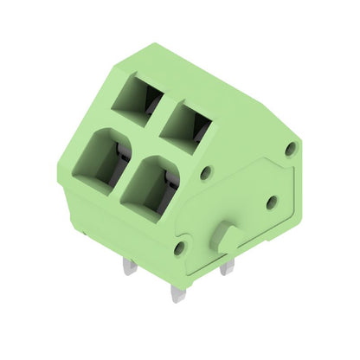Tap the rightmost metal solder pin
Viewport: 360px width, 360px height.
tap(228, 268)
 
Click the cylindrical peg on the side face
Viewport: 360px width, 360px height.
tap(228, 235)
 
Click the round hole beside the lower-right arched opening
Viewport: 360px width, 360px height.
tap(205, 173)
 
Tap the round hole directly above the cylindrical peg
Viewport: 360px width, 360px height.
tap(272, 202)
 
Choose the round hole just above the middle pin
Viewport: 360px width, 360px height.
tap(179, 248)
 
